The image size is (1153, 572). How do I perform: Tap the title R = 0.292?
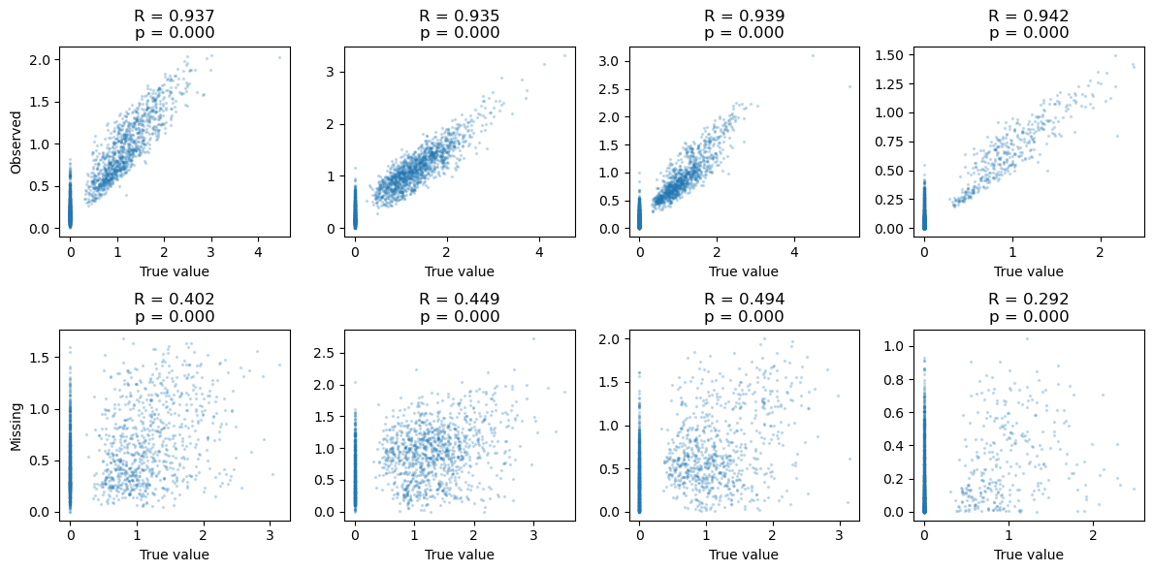pyautogui.click(x=1028, y=300)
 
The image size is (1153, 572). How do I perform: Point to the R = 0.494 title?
pyautogui.click(x=744, y=300)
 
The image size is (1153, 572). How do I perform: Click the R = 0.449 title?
pyautogui.click(x=459, y=300)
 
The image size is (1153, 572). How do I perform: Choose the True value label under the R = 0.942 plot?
pyautogui.click(x=1028, y=272)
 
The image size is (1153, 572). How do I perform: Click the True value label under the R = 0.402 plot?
pyautogui.click(x=175, y=555)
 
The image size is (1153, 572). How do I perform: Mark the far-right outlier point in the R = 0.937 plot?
pyautogui.click(x=279, y=57)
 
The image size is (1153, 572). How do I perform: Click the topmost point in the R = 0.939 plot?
pyautogui.click(x=814, y=56)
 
